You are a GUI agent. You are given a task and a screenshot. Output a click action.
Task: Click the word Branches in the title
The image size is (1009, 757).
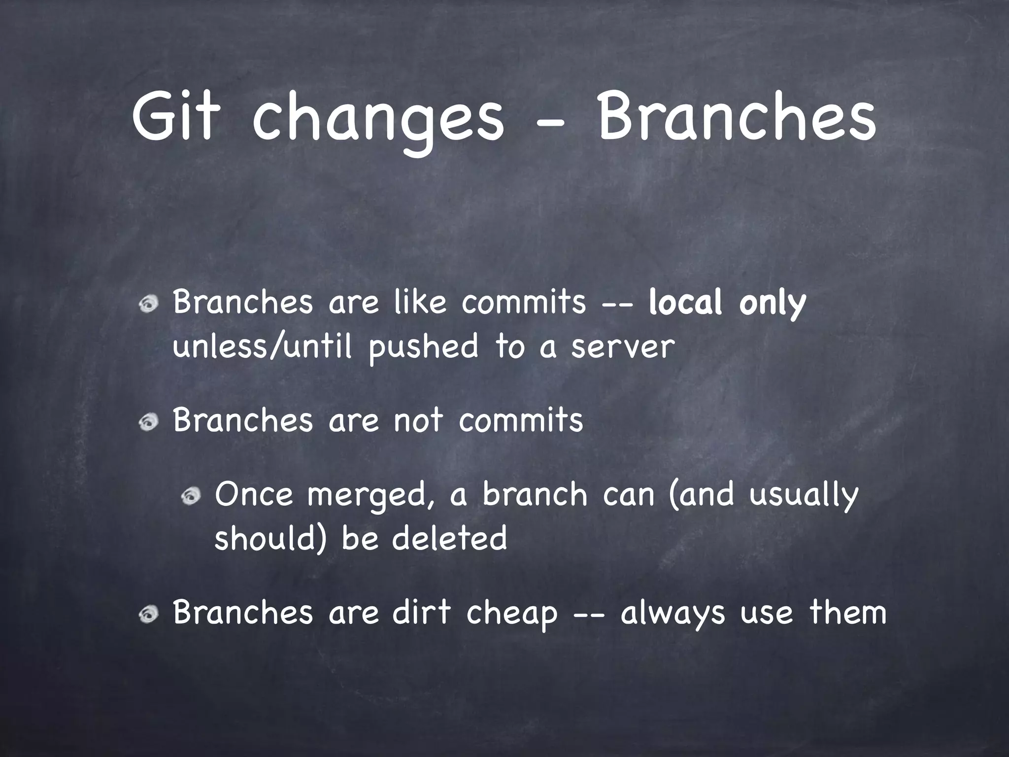click(x=736, y=117)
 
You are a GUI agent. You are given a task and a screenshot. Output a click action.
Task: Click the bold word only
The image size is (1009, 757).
click(x=772, y=304)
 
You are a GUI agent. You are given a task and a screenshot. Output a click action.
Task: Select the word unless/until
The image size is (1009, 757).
click(x=263, y=345)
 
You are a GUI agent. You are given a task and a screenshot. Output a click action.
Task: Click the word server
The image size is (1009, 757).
click(x=622, y=346)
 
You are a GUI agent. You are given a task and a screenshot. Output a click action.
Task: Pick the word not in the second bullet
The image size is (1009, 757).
click(x=418, y=420)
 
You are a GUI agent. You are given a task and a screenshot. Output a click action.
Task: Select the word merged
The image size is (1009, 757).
click(x=371, y=496)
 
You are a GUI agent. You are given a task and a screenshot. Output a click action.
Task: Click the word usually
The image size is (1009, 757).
click(x=804, y=496)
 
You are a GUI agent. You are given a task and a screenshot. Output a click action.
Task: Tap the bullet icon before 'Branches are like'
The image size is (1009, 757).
click(x=148, y=306)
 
